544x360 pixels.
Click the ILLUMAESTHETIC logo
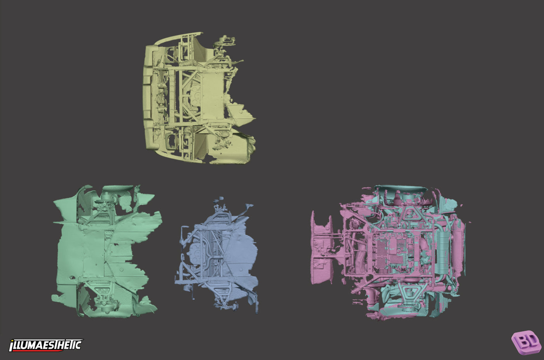point(46,345)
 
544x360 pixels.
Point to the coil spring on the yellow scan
point(187,64)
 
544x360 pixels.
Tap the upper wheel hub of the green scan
point(107,196)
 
